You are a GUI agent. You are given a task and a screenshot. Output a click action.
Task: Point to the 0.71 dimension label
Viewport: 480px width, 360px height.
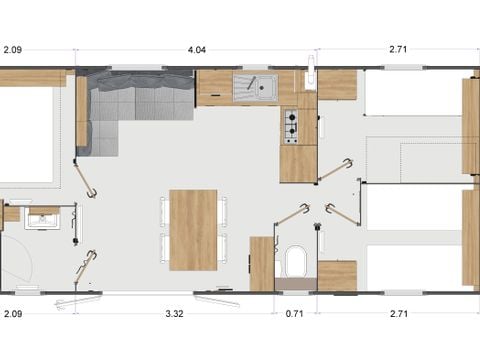[x=292, y=314]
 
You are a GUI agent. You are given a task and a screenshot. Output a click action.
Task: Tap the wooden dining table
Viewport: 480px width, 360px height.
[x=193, y=229]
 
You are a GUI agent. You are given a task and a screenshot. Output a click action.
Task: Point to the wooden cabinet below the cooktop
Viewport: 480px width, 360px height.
[x=298, y=163]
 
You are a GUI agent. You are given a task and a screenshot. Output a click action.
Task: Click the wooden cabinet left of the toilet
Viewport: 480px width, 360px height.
[x=262, y=263]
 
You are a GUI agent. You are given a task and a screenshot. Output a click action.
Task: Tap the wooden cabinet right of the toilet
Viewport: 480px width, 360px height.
[x=337, y=275]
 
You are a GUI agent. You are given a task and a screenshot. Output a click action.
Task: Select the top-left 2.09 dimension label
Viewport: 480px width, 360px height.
[x=13, y=48]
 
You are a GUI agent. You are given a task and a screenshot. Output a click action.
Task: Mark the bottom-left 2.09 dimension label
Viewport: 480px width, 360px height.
[x=13, y=314]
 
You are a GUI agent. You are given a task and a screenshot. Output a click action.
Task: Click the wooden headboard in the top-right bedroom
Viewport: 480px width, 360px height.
[x=470, y=125]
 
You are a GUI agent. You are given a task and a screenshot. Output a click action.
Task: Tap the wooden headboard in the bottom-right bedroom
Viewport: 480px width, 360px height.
[x=470, y=237]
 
